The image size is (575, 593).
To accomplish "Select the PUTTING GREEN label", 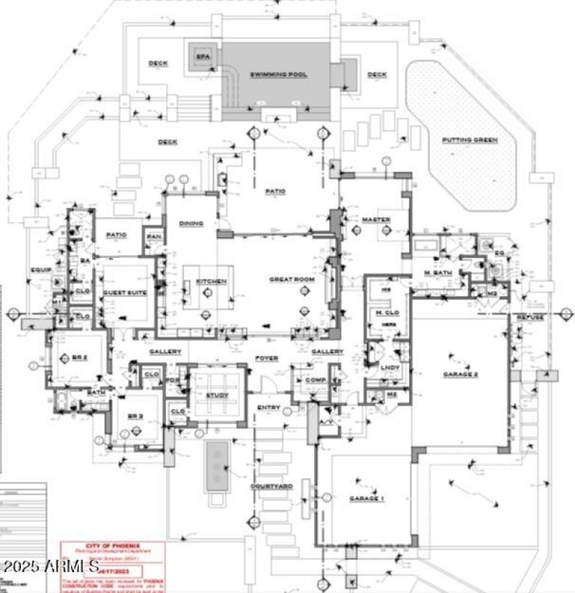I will point(469,139).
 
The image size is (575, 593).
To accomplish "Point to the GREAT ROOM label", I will point(292,279).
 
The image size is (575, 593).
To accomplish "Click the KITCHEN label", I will point(211,281).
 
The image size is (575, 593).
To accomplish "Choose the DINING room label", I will point(191,224).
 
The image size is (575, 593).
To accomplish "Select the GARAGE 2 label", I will point(460,374).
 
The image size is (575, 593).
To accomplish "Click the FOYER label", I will point(267,358).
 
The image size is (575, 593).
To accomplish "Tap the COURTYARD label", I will point(271,487).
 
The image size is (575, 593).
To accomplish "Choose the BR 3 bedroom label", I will point(137,416).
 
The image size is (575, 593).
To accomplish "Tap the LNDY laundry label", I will point(390,368).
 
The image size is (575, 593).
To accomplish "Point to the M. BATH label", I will point(436,273).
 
